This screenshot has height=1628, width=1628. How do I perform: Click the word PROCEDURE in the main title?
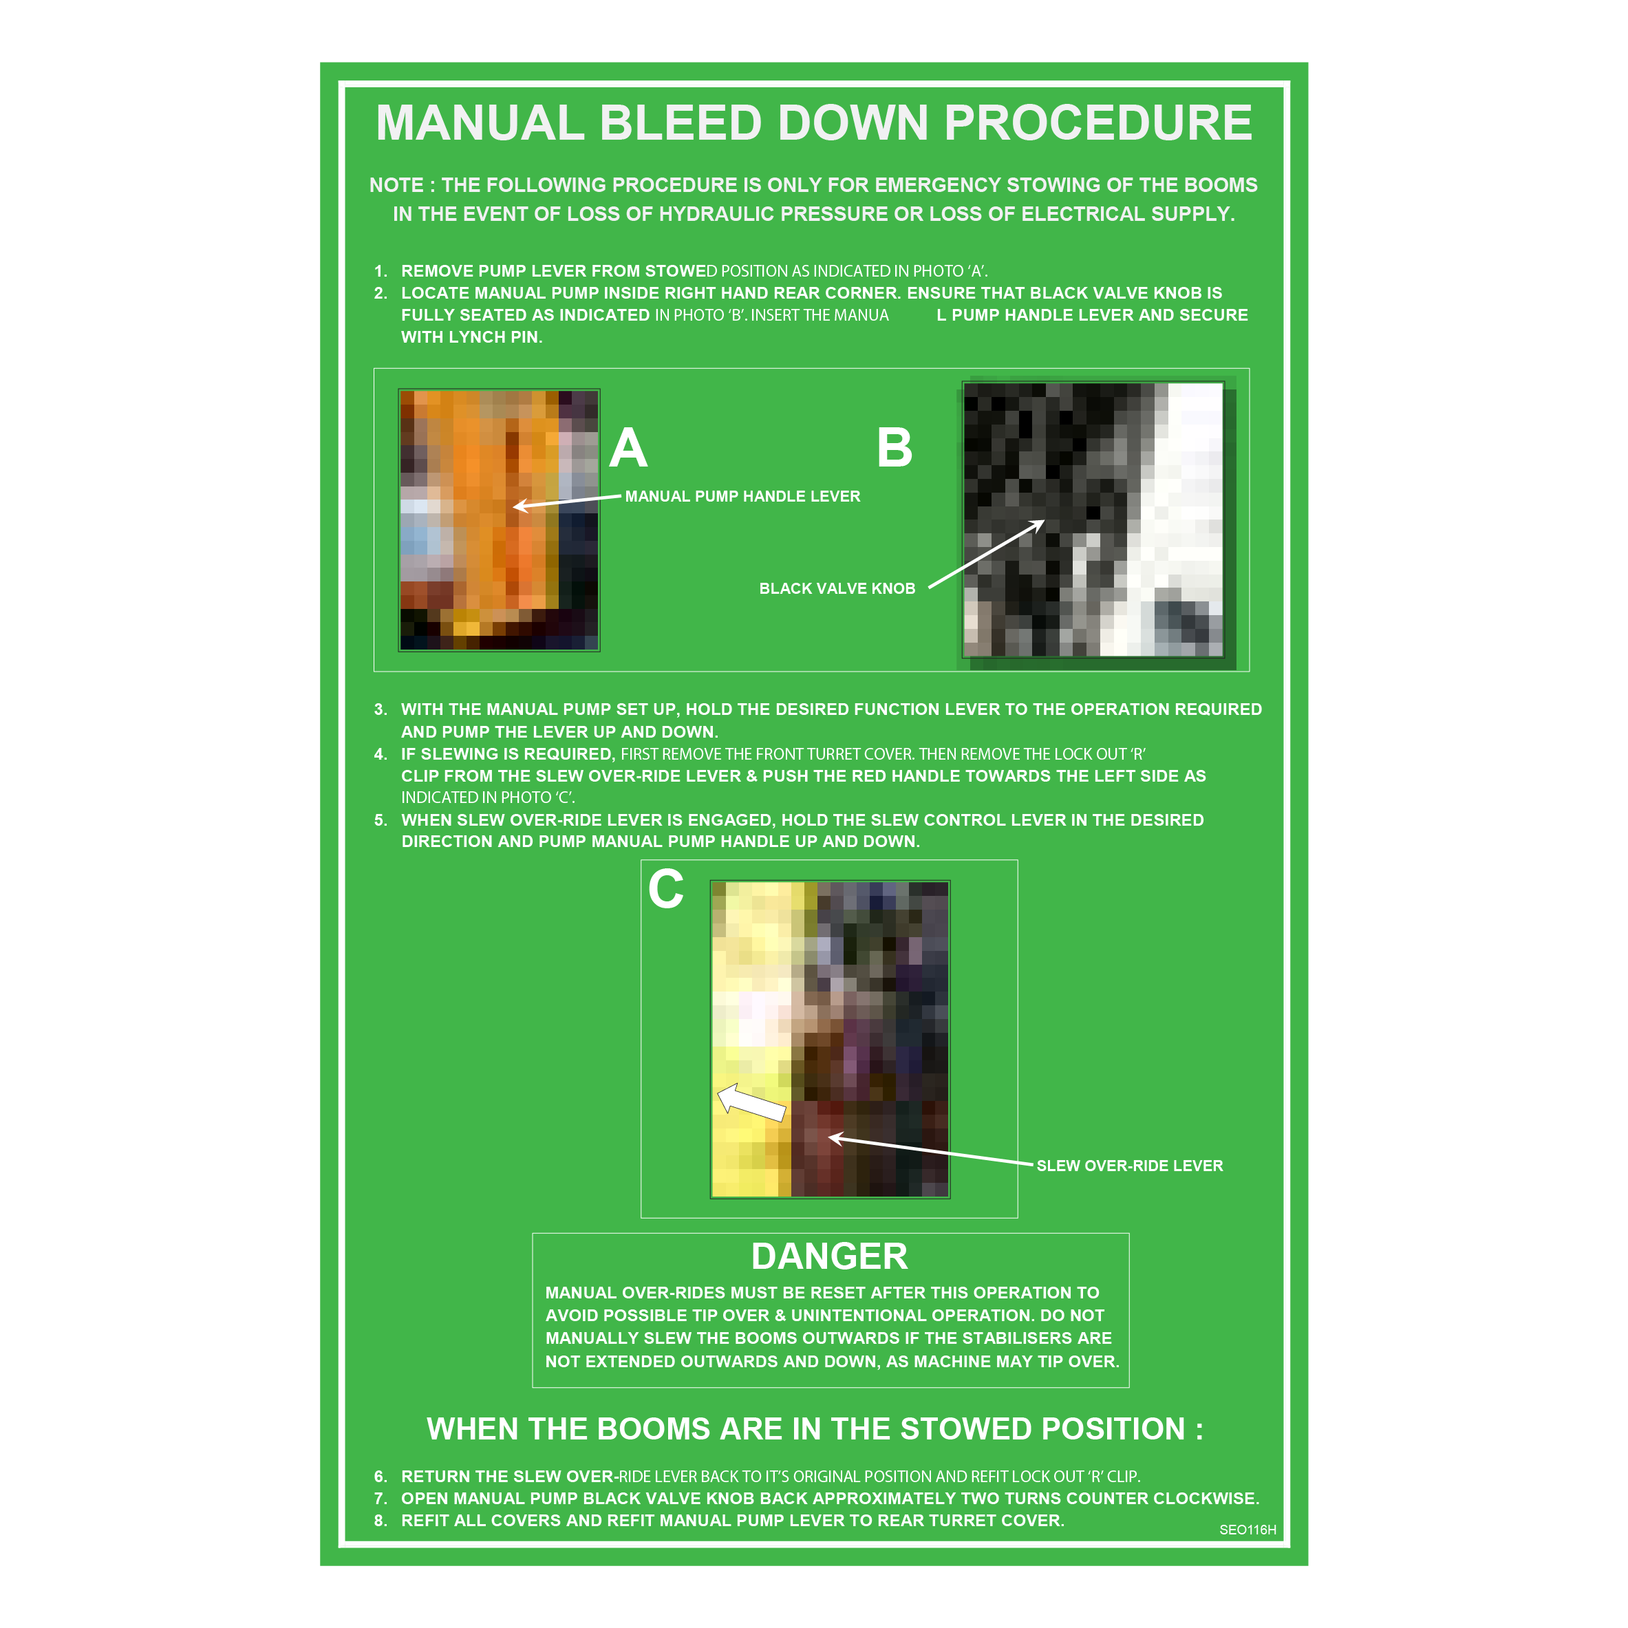1098,123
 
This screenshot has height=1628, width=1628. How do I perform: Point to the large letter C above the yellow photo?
665,889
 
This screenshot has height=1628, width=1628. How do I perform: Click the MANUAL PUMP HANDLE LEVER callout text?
742,496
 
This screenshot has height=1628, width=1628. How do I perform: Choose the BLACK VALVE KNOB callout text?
837,588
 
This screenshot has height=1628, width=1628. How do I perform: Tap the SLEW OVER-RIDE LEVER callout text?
1129,1166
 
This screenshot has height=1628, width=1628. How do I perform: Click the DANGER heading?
829,1256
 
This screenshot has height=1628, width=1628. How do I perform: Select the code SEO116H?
1247,1530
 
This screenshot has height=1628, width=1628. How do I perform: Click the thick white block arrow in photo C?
751,1102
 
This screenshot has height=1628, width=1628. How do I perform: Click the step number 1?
380,271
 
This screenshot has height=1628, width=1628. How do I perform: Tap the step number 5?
380,820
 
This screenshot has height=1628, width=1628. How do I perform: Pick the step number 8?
380,1520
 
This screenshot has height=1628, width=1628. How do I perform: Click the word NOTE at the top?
396,185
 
